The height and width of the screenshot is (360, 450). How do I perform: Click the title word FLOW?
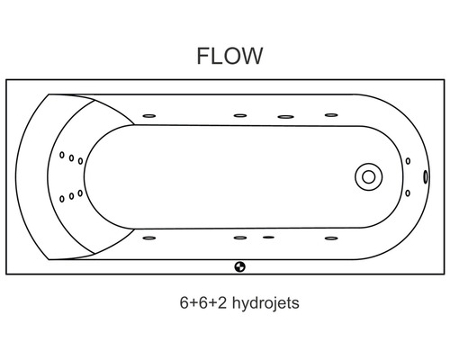point(229,57)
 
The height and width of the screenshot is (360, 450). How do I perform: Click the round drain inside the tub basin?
point(368,176)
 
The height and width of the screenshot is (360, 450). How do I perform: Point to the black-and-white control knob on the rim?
point(240,266)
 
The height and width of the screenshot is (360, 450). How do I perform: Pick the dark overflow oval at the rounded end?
point(424,176)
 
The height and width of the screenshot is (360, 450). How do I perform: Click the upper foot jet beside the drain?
point(408,162)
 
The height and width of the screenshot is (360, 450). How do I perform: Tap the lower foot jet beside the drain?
point(408,192)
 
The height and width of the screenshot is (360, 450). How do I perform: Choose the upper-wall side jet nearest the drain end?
point(331,115)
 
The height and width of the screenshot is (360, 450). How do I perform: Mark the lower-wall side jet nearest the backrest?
point(149,238)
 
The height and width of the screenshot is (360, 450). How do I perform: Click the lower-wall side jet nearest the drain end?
point(331,238)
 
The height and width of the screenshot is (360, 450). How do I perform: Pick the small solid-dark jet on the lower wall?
point(268,238)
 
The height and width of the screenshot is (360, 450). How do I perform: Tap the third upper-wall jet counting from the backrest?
point(286,116)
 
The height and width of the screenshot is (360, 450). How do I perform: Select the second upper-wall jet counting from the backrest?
point(240,115)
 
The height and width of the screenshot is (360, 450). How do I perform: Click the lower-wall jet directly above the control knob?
point(240,238)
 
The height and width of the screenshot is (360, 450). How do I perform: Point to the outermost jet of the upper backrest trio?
point(62,156)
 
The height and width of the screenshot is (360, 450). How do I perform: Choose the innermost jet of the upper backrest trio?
point(80,162)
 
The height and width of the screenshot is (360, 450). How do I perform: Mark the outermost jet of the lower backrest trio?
point(62,199)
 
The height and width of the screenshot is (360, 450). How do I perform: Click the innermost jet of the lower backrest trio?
point(80,193)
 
